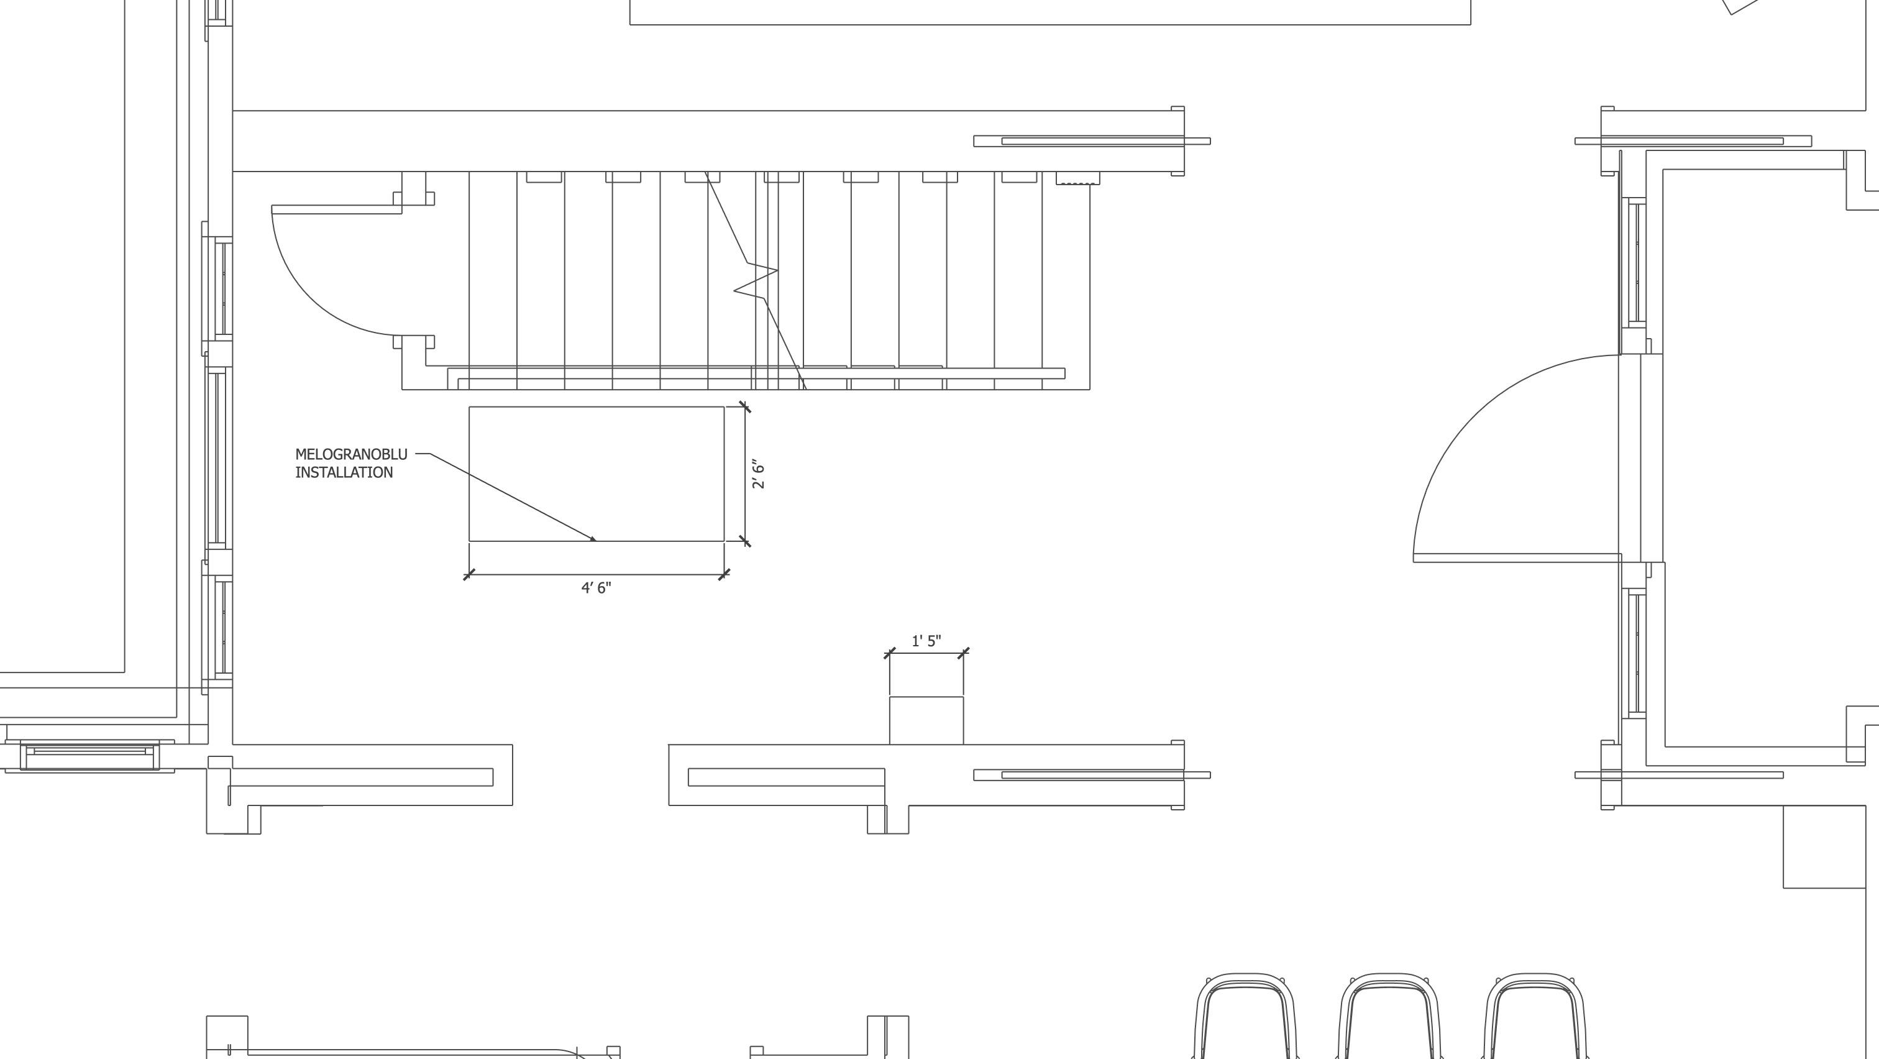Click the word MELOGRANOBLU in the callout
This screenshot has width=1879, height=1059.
point(351,454)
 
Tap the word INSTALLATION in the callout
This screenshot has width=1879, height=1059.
point(344,472)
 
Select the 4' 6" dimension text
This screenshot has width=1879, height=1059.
point(596,588)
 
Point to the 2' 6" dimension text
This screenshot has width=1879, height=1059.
point(759,474)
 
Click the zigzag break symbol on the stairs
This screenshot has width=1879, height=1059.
point(756,280)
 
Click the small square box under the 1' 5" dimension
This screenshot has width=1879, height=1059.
point(926,720)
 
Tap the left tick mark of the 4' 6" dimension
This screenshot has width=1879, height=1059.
point(469,575)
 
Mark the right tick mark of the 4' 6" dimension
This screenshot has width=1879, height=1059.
point(724,575)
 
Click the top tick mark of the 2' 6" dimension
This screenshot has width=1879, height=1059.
point(745,407)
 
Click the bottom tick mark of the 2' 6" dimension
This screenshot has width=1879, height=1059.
point(745,541)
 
